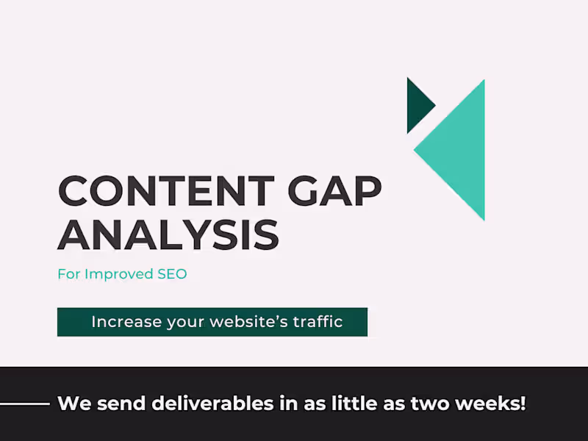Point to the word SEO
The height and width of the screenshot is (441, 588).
pyautogui.click(x=172, y=274)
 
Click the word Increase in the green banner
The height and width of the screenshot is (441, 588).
pyautogui.click(x=118, y=322)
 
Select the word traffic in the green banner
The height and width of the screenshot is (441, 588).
pyautogui.click(x=317, y=322)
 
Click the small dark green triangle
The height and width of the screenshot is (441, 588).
pyautogui.click(x=417, y=106)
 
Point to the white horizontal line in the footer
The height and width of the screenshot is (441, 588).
pyautogui.click(x=24, y=404)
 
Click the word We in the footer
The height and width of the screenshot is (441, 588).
pyautogui.click(x=71, y=404)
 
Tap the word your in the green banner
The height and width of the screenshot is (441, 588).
pyautogui.click(x=187, y=322)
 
